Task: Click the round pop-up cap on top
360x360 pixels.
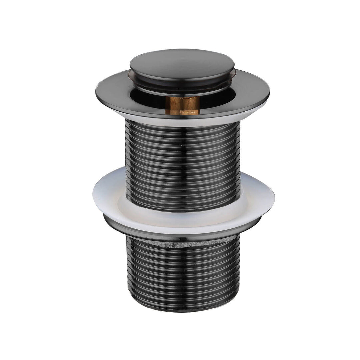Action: tap(182, 65)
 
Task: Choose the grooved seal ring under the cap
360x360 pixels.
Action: tap(182, 87)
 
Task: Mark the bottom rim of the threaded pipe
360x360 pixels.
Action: tap(182, 309)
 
